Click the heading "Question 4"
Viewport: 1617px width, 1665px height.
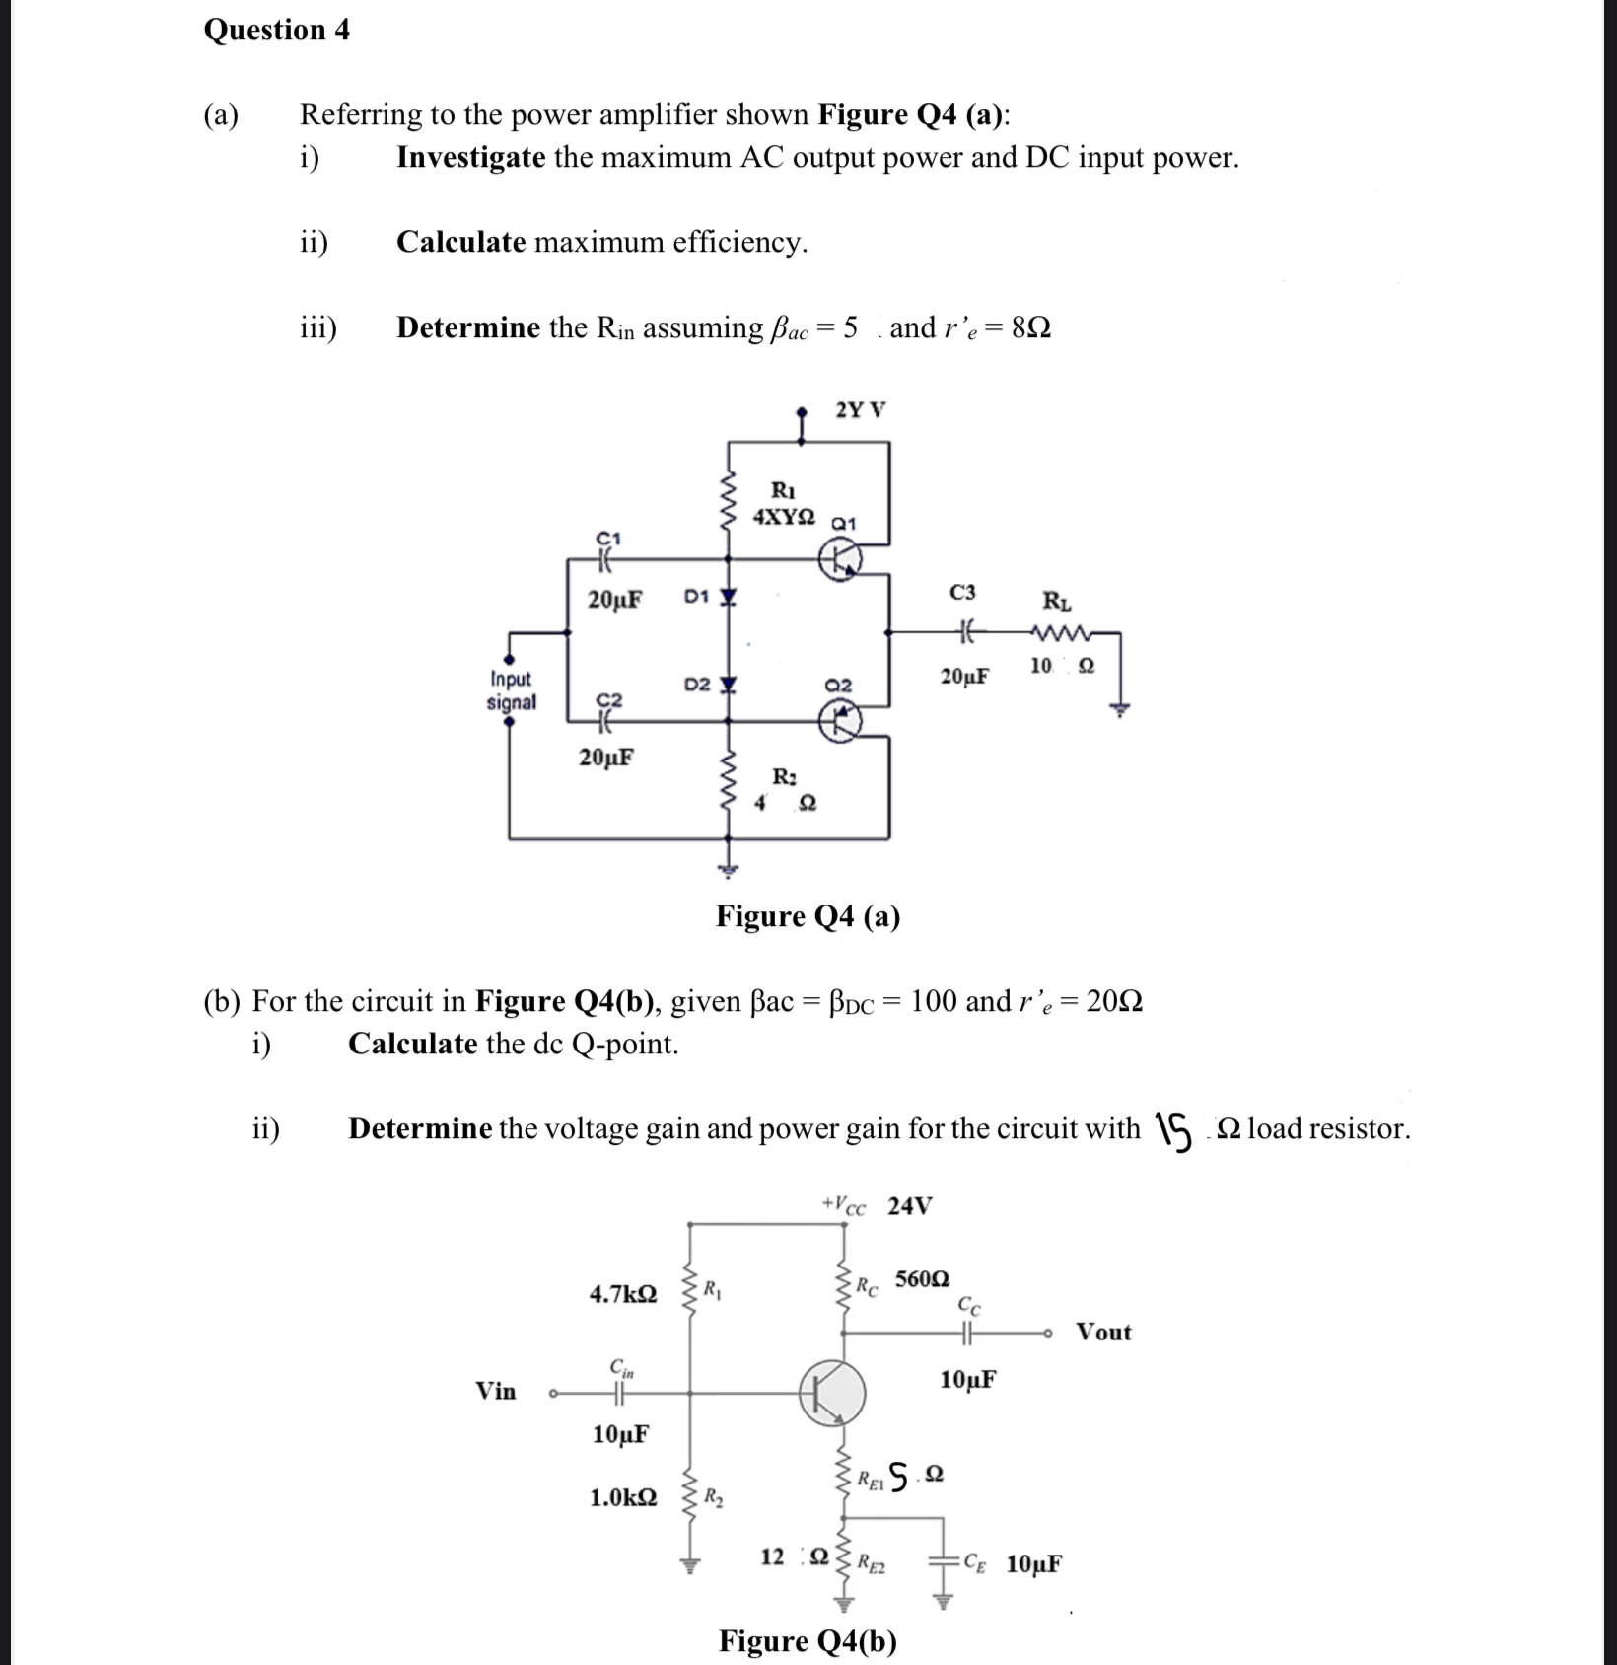(x=276, y=30)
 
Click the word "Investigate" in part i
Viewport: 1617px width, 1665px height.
(x=470, y=157)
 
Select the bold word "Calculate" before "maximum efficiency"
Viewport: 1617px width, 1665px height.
(x=460, y=242)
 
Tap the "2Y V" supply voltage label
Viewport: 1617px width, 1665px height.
(x=860, y=409)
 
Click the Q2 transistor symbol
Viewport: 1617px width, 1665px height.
(x=841, y=720)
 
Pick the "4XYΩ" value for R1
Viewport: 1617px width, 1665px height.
(x=784, y=516)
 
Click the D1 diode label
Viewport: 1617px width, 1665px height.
(x=695, y=596)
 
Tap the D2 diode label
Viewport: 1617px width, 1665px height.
(x=696, y=684)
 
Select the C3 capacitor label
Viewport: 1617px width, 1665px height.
(x=962, y=592)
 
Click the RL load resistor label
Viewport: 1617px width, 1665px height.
(x=1057, y=600)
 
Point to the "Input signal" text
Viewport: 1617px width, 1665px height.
(x=511, y=690)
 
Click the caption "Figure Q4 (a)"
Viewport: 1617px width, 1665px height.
(x=808, y=916)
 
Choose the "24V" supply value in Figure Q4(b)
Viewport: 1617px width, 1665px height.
(x=909, y=1205)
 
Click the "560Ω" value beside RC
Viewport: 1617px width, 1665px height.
(x=922, y=1279)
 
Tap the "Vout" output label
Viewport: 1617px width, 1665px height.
(x=1103, y=1332)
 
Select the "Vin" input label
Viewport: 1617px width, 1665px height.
(x=496, y=1391)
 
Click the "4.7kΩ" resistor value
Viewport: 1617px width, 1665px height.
(x=623, y=1293)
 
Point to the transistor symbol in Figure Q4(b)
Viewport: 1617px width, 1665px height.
(x=833, y=1393)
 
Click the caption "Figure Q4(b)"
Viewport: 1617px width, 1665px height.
(x=808, y=1640)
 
